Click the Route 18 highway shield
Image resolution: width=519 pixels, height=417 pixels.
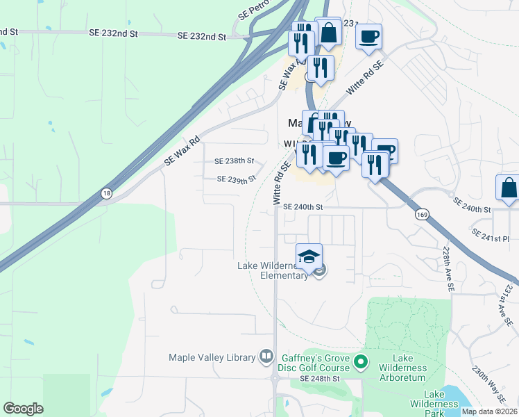coord(105,194)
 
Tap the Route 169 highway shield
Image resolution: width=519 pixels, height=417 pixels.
coord(422,215)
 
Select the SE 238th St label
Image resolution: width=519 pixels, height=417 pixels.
coord(235,161)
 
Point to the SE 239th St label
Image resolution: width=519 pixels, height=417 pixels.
coord(237,179)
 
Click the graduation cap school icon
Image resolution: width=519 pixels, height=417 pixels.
coord(309,256)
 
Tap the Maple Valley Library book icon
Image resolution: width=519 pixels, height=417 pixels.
coord(266,357)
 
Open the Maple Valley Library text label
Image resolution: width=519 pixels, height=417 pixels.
coord(212,357)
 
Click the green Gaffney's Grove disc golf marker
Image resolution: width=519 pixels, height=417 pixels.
coord(360,361)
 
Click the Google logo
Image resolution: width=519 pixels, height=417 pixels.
coord(23,409)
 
